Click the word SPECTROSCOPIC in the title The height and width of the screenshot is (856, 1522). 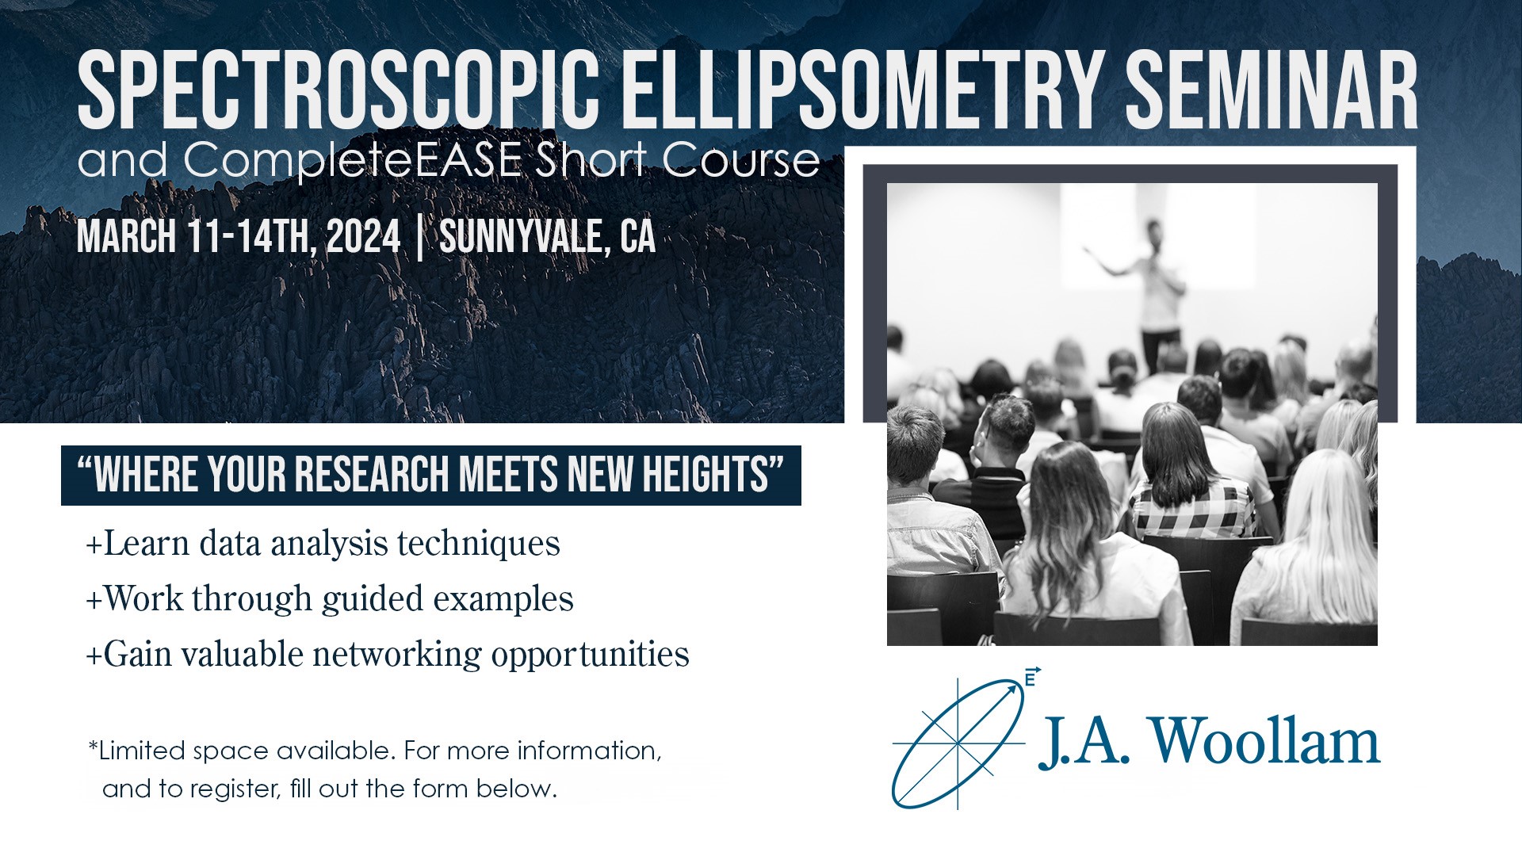point(338,89)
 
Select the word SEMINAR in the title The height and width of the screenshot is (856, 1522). point(1272,89)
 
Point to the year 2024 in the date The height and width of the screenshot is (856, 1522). point(363,236)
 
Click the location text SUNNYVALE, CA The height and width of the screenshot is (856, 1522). point(548,236)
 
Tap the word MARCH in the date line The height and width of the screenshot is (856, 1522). point(126,236)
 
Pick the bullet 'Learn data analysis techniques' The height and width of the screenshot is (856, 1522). point(323,544)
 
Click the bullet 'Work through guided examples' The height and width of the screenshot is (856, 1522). point(330,599)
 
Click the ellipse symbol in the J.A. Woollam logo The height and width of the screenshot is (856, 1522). point(958,743)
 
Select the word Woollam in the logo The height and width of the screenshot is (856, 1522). point(1265,741)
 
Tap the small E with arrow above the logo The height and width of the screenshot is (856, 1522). point(1031,677)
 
